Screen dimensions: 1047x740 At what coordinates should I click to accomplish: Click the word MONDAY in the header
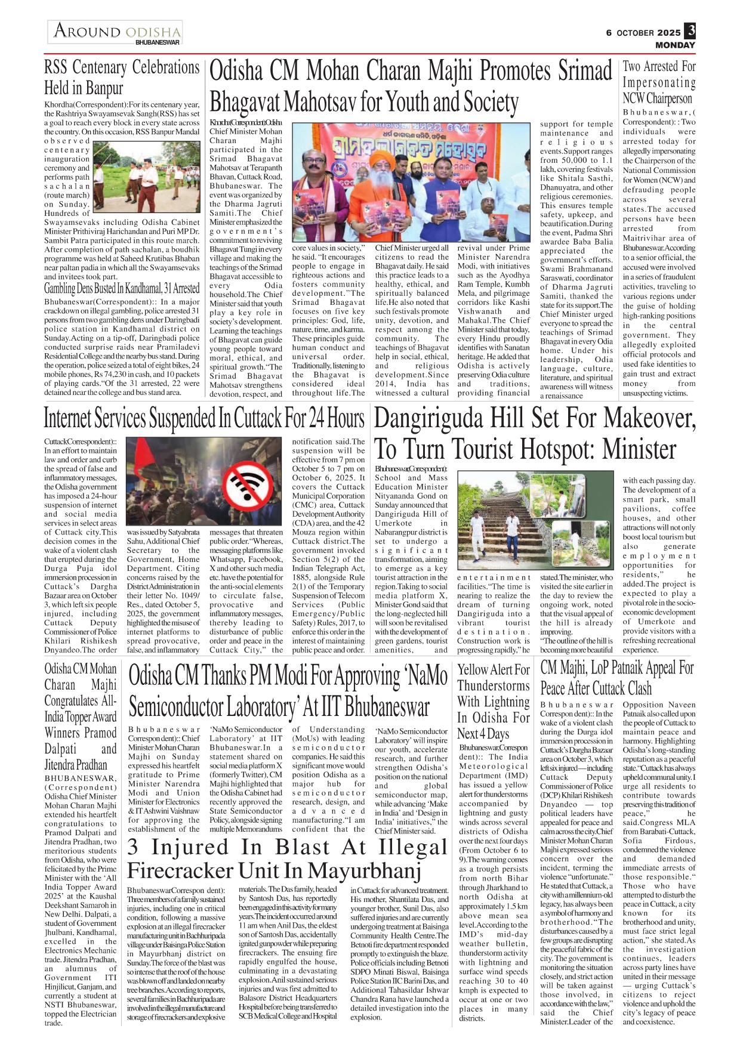[x=675, y=45]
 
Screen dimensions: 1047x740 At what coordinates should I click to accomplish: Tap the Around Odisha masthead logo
[x=116, y=32]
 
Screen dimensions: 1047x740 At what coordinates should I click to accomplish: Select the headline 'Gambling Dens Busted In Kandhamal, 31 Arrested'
[x=122, y=289]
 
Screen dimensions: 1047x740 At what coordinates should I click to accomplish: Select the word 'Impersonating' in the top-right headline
[x=659, y=82]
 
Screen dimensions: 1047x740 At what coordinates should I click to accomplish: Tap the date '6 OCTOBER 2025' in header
[x=643, y=33]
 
